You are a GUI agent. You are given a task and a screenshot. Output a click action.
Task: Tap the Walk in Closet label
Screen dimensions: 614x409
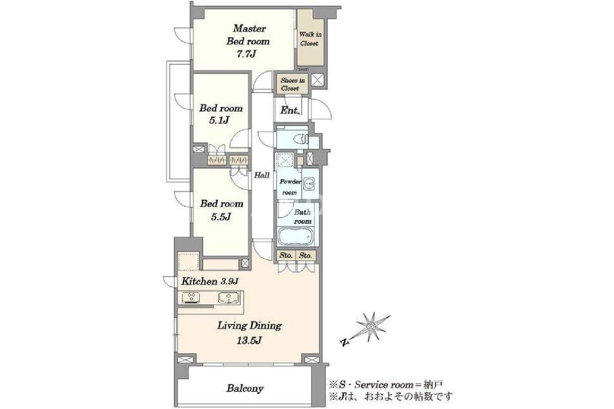click(x=310, y=38)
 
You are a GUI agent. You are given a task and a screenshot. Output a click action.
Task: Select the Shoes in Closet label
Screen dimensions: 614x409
click(x=292, y=84)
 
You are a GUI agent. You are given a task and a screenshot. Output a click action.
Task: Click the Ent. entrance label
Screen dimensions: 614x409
click(x=290, y=110)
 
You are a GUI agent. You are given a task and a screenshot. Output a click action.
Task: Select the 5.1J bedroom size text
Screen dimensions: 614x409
click(x=219, y=120)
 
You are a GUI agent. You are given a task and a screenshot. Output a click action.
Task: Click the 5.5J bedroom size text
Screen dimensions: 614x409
click(x=221, y=217)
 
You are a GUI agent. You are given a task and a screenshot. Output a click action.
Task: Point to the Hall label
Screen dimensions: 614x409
click(x=262, y=175)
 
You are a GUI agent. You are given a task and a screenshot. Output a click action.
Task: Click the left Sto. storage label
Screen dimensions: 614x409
click(x=286, y=256)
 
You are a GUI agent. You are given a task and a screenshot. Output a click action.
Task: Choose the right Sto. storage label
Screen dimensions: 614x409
click(x=305, y=256)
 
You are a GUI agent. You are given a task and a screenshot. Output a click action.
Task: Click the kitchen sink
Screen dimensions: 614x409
click(x=228, y=297)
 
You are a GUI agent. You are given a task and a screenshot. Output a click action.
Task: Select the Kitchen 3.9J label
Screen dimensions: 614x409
click(x=210, y=281)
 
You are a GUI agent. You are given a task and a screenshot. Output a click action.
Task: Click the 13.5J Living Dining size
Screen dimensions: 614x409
click(x=249, y=341)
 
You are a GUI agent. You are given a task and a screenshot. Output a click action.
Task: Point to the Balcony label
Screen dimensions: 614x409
click(x=245, y=389)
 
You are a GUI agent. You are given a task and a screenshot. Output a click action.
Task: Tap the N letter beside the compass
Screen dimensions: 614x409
click(x=344, y=342)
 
